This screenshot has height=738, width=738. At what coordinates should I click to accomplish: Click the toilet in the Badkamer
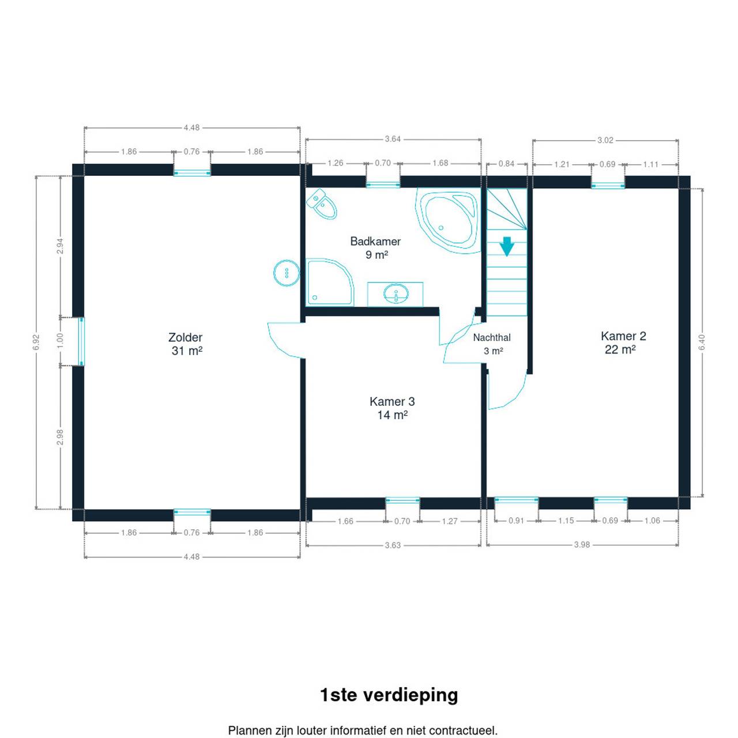[322, 204]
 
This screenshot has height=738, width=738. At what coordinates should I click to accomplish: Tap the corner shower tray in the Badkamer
[329, 283]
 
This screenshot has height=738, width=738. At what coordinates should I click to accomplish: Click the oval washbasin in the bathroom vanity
[396, 293]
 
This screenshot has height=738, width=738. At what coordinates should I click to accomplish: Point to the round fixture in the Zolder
[287, 273]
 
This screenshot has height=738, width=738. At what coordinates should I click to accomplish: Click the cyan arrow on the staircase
[507, 246]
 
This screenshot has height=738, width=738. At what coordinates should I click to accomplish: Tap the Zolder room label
[186, 344]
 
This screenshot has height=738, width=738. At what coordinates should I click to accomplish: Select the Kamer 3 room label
[392, 408]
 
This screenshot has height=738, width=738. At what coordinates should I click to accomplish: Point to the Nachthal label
[492, 338]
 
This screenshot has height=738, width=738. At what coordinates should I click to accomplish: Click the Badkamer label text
[376, 241]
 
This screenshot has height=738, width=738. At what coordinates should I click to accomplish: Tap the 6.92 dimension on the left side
[36, 342]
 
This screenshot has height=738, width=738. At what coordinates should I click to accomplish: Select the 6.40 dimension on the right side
[702, 342]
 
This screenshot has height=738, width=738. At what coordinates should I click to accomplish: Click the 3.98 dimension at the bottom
[582, 545]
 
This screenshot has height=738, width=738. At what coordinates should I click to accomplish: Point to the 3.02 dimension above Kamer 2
[605, 141]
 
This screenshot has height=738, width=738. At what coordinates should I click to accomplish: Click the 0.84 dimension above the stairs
[506, 164]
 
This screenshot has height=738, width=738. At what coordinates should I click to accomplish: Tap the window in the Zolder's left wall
[81, 342]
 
